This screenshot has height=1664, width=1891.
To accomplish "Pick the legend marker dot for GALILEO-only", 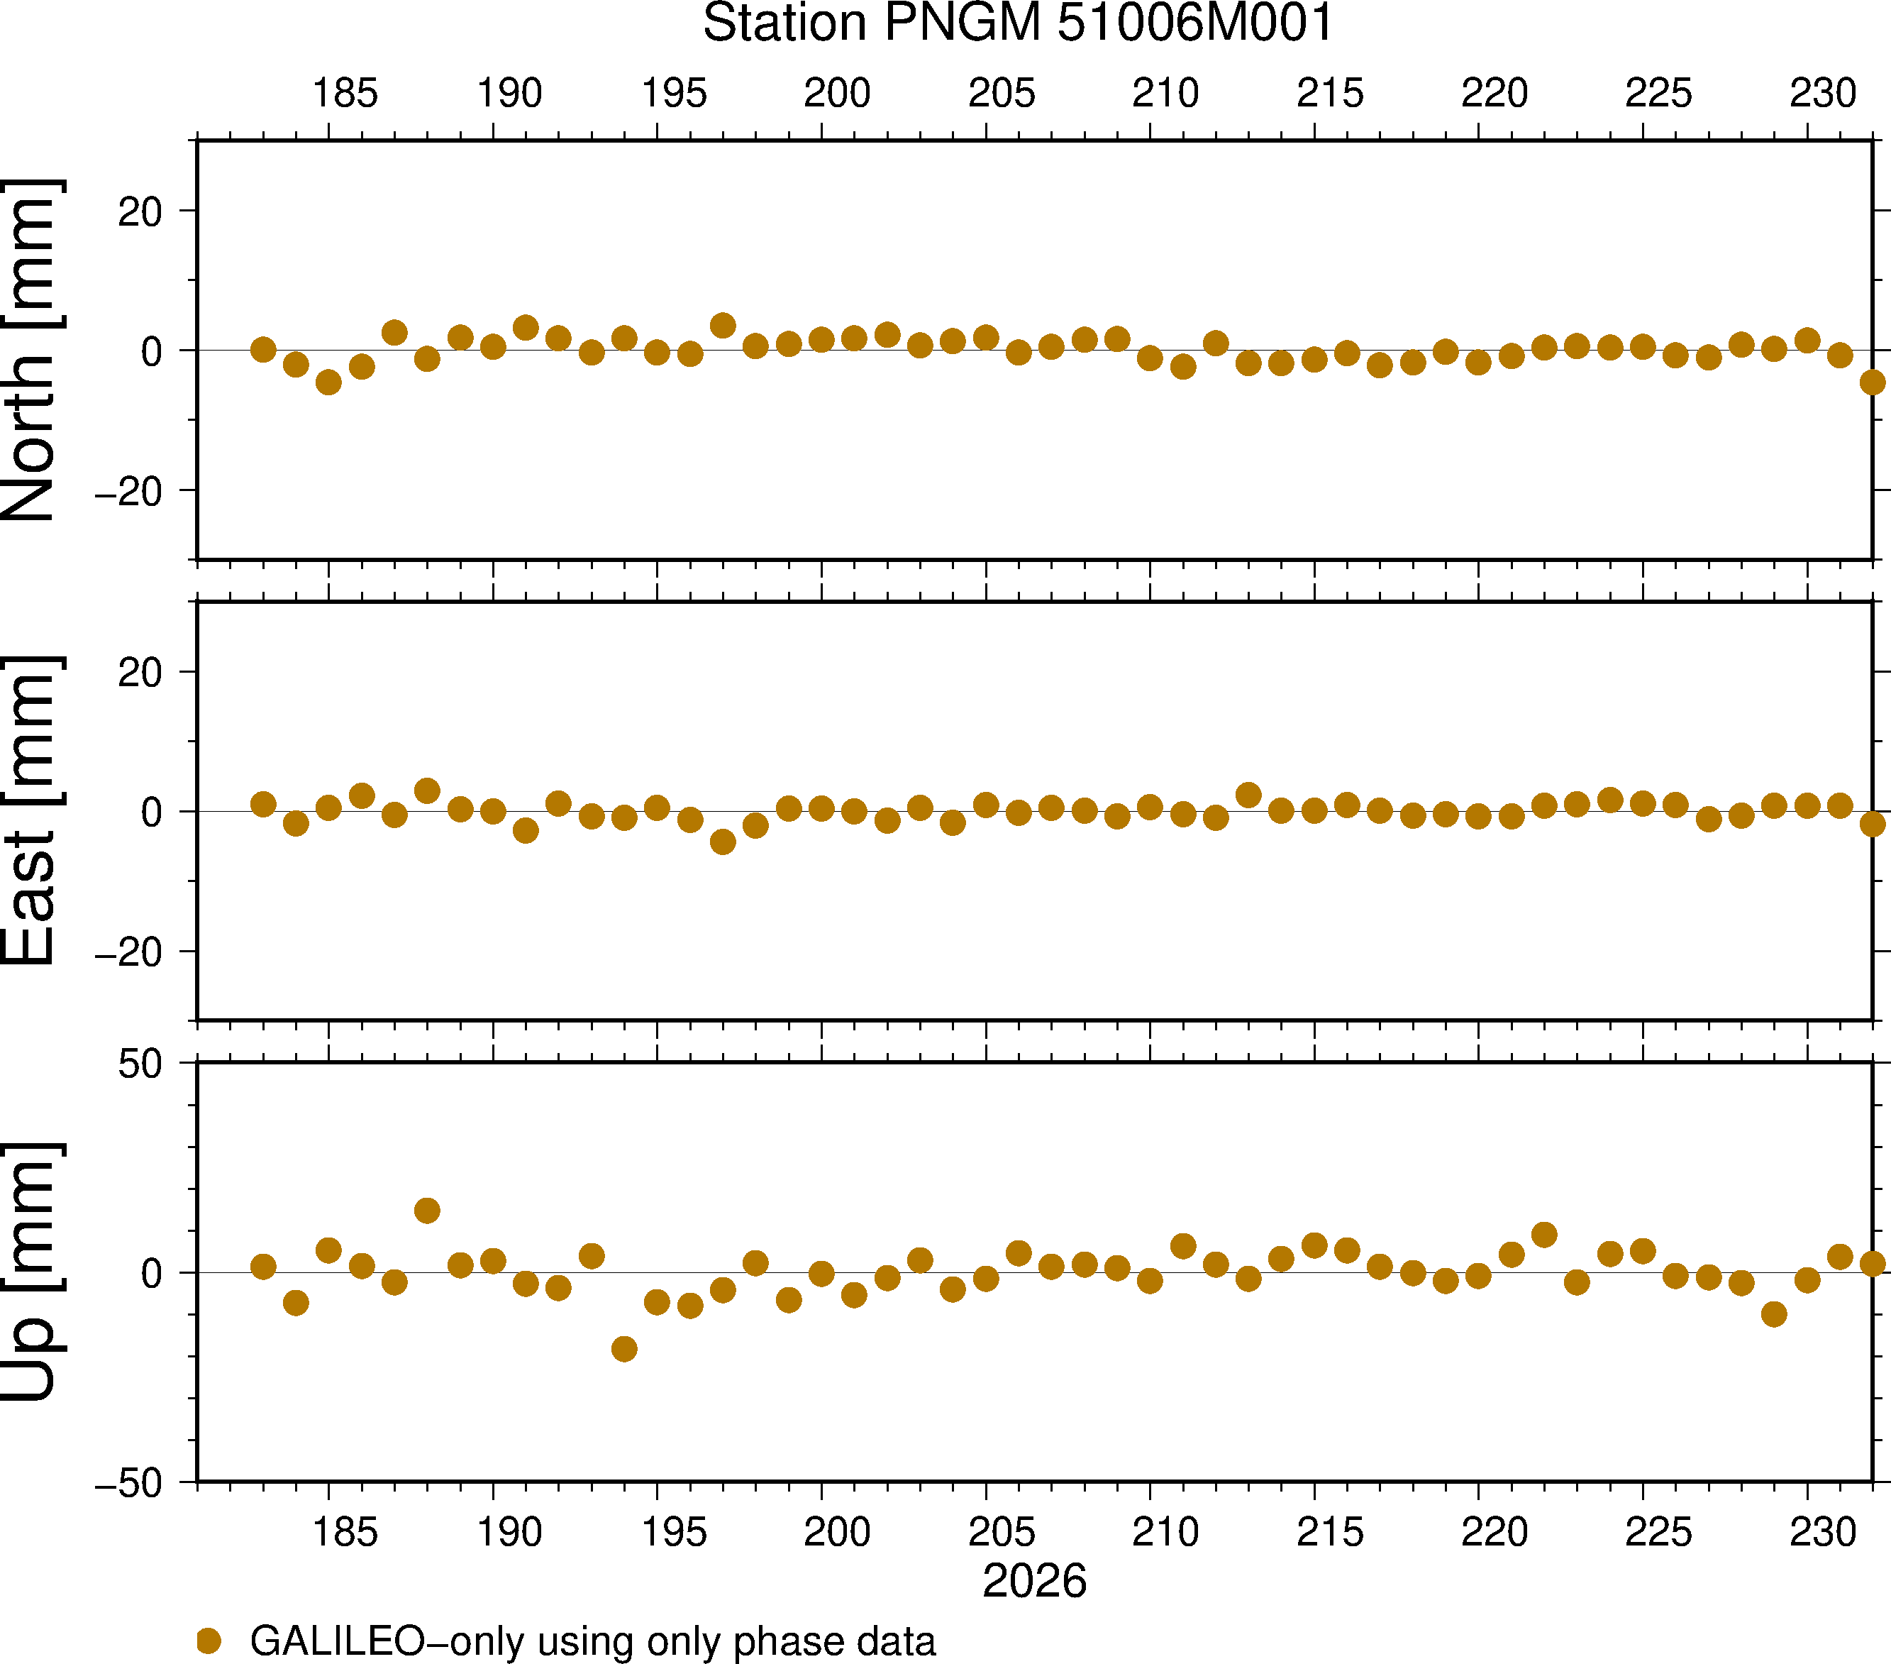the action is [x=209, y=1641].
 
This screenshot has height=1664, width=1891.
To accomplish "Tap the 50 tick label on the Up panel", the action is [x=140, y=1064].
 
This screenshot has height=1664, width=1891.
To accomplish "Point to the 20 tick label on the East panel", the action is [x=140, y=673].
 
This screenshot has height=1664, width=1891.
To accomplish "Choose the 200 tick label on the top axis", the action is [x=837, y=92].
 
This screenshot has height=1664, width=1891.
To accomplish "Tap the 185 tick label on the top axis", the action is [x=345, y=92].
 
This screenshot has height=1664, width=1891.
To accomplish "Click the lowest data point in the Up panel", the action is [x=624, y=1348].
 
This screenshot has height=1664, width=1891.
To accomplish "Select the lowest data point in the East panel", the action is [x=723, y=842].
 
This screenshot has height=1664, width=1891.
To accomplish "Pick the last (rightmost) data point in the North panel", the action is [x=1873, y=382].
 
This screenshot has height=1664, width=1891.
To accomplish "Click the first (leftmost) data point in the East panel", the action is [x=262, y=804].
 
